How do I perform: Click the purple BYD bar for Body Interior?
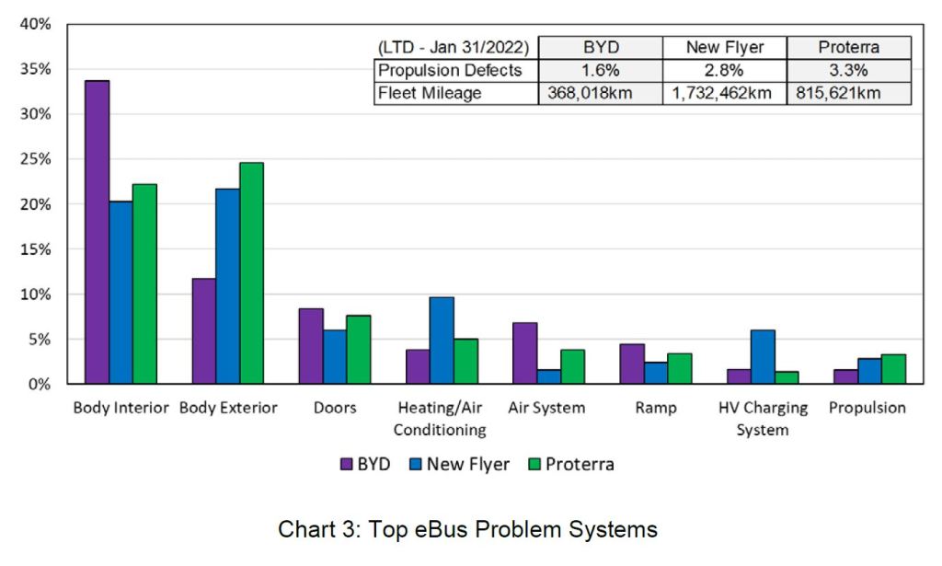(x=97, y=232)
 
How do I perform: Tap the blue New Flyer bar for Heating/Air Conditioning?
(x=442, y=341)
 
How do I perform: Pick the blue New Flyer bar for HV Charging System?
(x=763, y=357)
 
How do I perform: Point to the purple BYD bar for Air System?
(x=524, y=353)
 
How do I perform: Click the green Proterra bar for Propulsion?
(x=893, y=369)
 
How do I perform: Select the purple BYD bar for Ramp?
(x=631, y=364)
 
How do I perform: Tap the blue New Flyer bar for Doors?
(x=335, y=357)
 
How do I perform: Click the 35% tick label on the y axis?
(x=38, y=69)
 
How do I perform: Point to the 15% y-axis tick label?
(x=38, y=249)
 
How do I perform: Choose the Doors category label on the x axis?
(x=335, y=408)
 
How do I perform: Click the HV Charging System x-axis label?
(x=763, y=419)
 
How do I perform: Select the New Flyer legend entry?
(x=458, y=465)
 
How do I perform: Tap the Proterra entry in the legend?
(x=570, y=465)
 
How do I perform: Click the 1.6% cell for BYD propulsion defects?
(x=600, y=71)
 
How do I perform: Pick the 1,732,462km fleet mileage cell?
(x=724, y=93)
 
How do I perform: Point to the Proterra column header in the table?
(x=848, y=48)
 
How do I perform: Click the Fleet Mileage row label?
(x=429, y=93)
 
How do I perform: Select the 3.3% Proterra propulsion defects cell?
(x=848, y=71)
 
